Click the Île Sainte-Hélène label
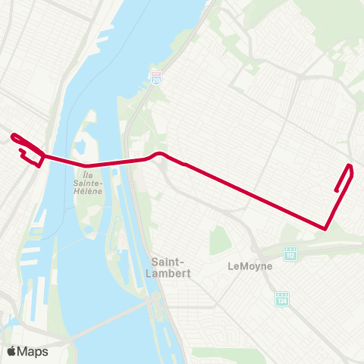pos(89,179)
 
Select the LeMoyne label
pos(249,266)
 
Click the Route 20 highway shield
pos(155,77)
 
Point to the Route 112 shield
pos(289,252)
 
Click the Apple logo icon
pos(11,351)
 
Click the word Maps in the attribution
pos(33,351)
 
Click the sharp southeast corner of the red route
pos(325,227)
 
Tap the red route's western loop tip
pos(13,136)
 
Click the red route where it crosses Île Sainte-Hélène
pos(89,165)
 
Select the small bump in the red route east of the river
pos(159,154)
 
